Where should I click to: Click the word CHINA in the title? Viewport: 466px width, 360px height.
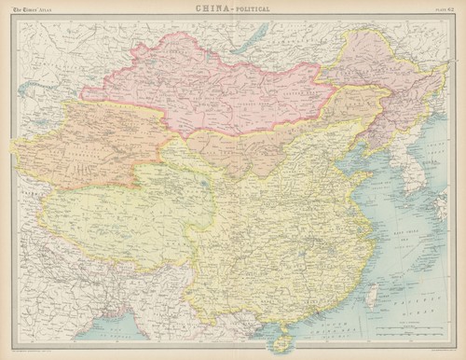(x=210, y=8)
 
